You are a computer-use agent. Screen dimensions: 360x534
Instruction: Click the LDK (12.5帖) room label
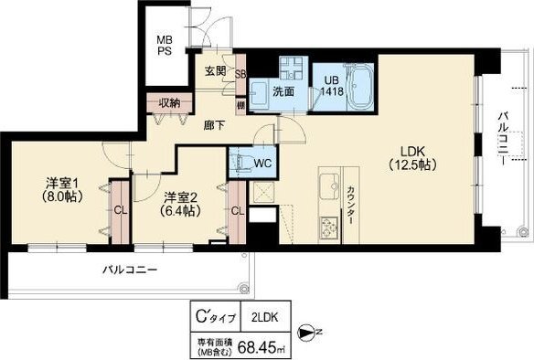[412, 159]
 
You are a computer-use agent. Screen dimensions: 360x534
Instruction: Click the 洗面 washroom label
[283, 90]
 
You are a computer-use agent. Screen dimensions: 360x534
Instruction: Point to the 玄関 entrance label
[215, 71]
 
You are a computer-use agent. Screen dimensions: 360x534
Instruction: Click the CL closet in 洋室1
[119, 208]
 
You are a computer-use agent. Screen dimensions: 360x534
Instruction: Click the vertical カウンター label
[350, 205]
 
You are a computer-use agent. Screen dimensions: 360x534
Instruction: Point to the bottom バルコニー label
[130, 270]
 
